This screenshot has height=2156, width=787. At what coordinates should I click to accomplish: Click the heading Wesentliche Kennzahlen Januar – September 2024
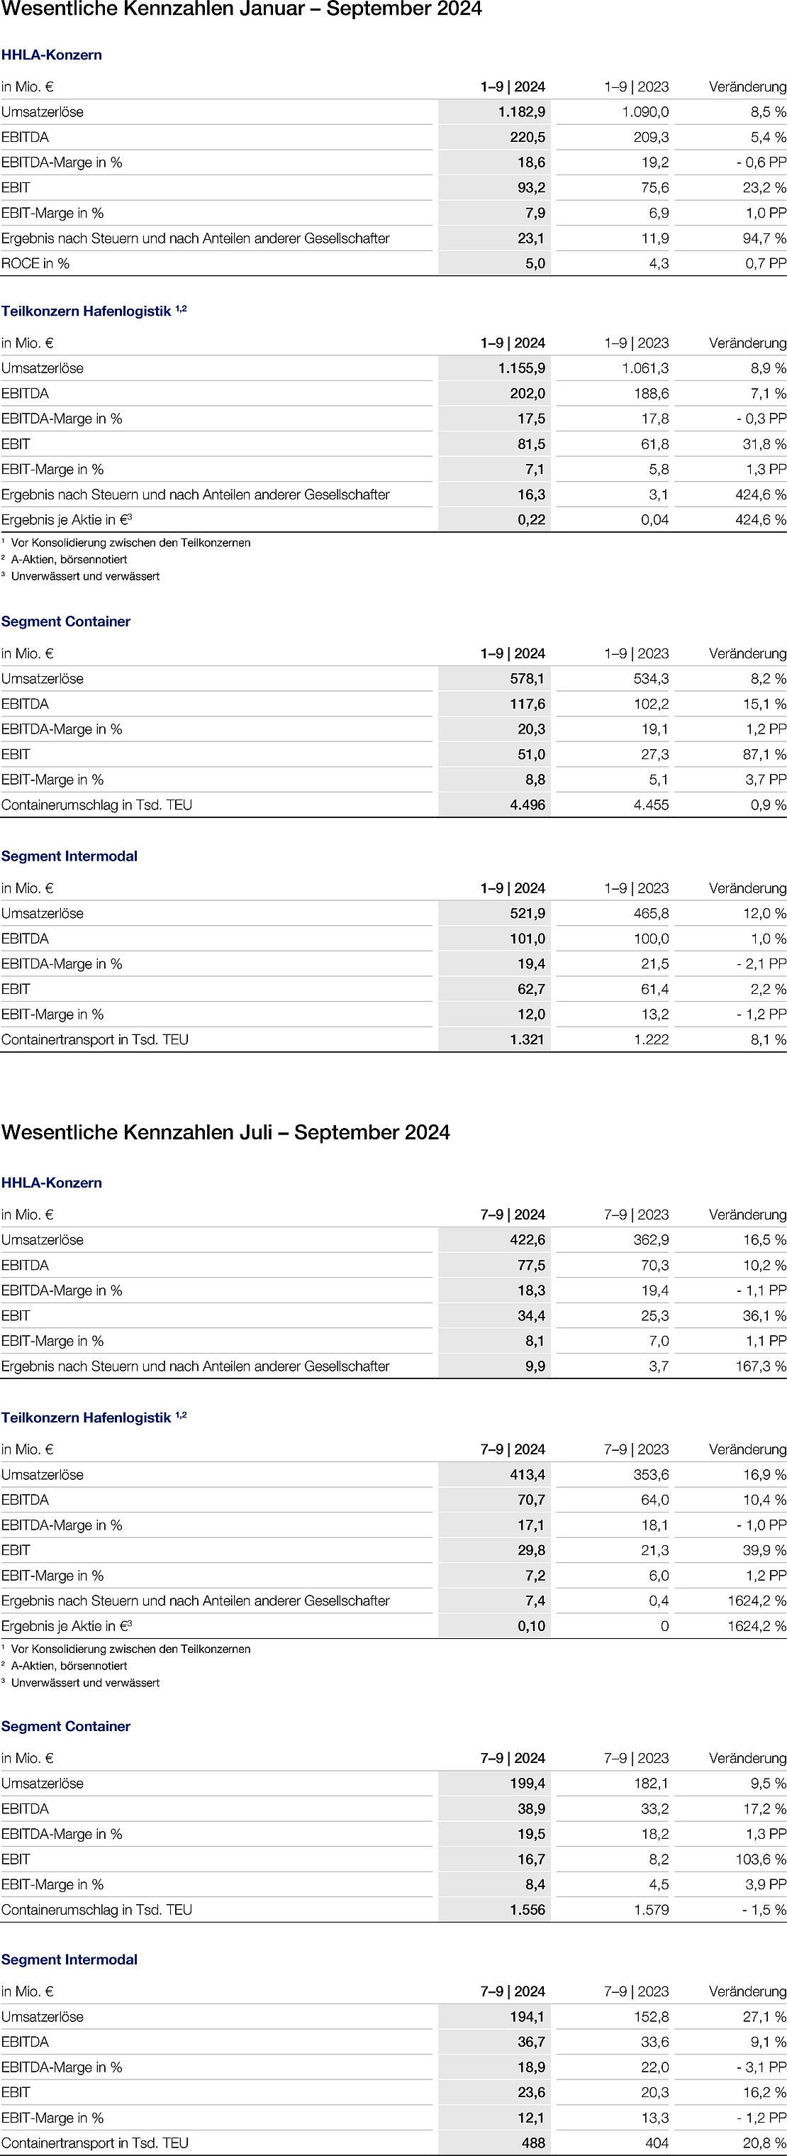tap(242, 10)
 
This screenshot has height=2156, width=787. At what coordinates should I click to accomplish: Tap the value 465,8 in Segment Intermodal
tap(651, 914)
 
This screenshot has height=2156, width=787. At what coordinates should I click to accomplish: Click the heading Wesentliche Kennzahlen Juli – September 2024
tap(225, 1132)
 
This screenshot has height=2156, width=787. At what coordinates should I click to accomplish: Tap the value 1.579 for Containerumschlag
tap(651, 1910)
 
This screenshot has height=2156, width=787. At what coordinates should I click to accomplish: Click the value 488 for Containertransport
tap(532, 2143)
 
